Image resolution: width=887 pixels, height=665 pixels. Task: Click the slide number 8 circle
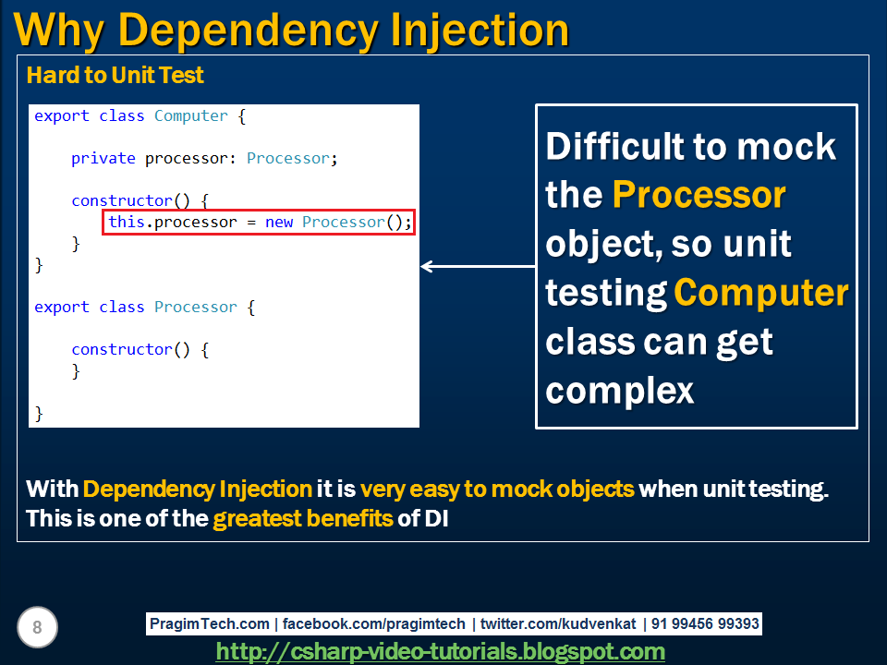tap(37, 627)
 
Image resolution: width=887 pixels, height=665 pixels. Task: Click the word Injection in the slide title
tap(480, 30)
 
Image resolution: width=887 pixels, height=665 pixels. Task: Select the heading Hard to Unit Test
tap(115, 75)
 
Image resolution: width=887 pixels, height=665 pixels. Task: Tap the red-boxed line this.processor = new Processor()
tap(259, 223)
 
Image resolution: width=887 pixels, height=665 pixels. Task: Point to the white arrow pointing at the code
tap(478, 266)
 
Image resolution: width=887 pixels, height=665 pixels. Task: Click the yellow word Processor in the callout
tap(699, 195)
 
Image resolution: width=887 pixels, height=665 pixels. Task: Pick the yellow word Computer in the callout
tap(760, 293)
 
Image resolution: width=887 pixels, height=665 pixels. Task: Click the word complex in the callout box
tap(619, 391)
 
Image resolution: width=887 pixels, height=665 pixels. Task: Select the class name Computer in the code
tap(190, 116)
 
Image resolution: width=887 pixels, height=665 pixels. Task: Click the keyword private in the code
tap(103, 158)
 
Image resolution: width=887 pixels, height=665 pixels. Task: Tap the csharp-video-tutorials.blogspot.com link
tap(440, 651)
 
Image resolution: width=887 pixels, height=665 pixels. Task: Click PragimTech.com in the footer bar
tap(210, 623)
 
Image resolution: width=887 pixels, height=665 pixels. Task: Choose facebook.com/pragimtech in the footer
tap(374, 623)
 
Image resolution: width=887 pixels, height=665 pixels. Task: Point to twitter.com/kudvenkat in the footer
tap(558, 623)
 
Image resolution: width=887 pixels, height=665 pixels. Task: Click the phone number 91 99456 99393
tap(705, 623)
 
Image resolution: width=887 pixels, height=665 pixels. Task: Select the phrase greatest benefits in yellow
tap(303, 518)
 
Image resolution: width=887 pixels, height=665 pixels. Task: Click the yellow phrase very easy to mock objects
tap(497, 490)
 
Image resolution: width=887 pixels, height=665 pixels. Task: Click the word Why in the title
tap(59, 31)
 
